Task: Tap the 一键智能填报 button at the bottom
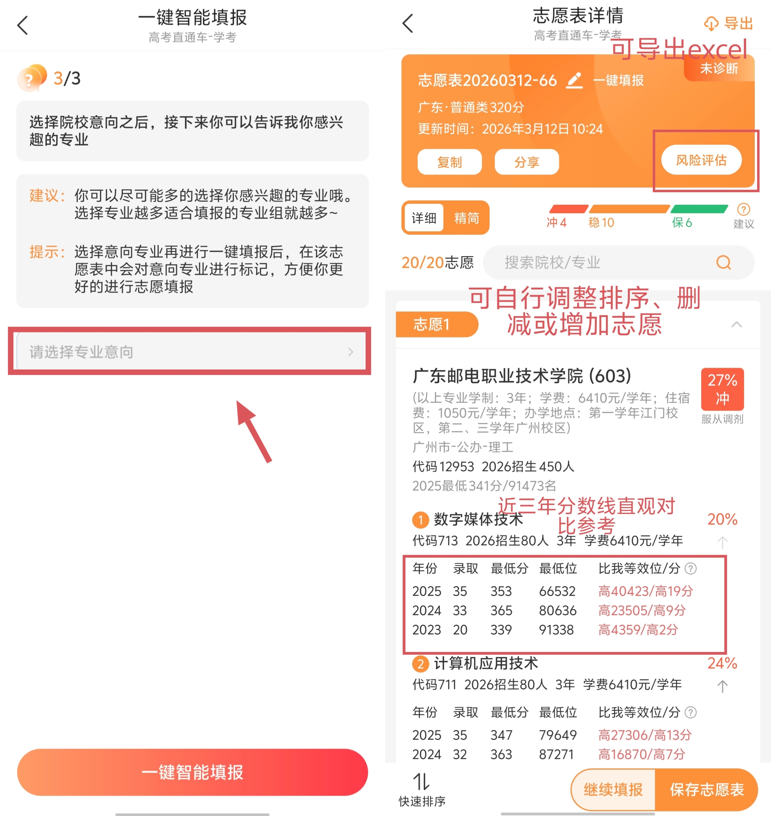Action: coord(192,772)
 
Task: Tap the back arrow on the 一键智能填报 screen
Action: coord(23,25)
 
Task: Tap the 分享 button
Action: coord(527,162)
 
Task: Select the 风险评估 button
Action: coord(701,160)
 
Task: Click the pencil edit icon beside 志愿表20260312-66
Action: coord(575,80)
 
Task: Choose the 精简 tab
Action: coord(467,218)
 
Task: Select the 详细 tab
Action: coord(424,218)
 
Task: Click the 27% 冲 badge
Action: coord(722,389)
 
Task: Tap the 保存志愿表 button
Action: coord(706,789)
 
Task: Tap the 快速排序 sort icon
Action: coord(421,781)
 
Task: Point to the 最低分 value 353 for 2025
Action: coord(501,591)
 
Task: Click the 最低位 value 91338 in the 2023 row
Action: coord(556,629)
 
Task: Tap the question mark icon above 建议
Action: coord(743,209)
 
